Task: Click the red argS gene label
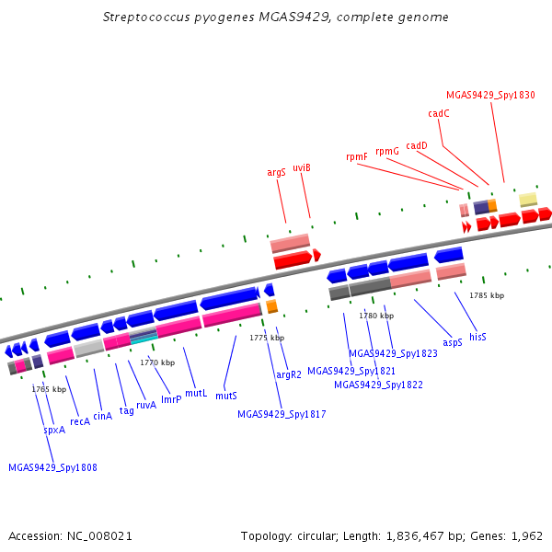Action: pos(276,172)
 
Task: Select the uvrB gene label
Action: pos(302,167)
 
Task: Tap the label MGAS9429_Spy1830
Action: pos(490,95)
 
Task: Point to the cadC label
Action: pos(439,114)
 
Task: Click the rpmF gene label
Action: pos(357,156)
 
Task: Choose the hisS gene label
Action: pos(477,338)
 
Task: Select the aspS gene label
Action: pos(453,342)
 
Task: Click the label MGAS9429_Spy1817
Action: pos(282,415)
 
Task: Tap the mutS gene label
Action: pos(226,396)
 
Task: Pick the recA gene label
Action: pos(80,421)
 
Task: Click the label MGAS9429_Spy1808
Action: pos(52,467)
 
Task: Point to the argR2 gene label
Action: pos(289,374)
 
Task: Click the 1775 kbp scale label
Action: pos(264,339)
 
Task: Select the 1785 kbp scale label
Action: pos(487,295)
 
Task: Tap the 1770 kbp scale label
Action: pos(157,362)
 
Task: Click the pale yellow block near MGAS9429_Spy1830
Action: pos(528,200)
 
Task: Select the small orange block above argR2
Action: pos(271,306)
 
